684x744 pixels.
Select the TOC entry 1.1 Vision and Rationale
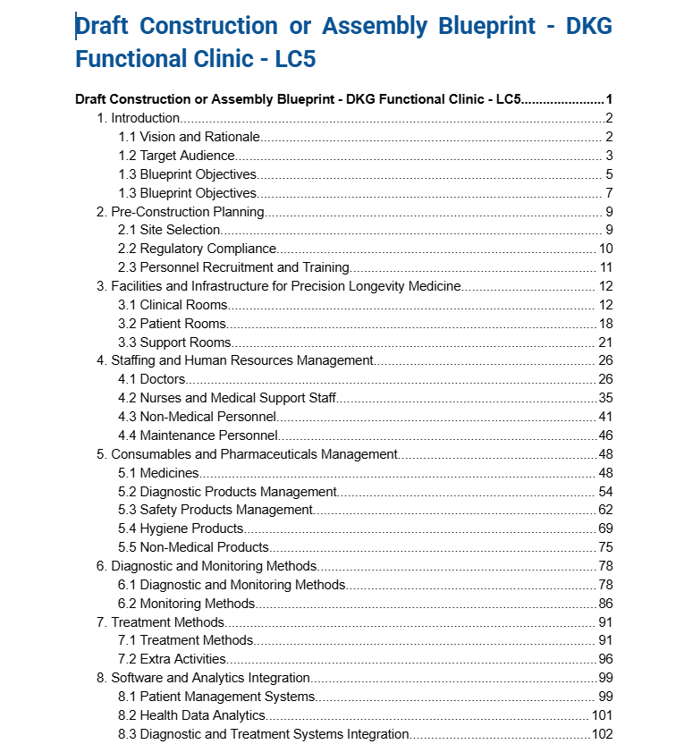point(189,137)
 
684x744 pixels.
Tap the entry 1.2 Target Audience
point(176,156)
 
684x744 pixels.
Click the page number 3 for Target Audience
point(608,156)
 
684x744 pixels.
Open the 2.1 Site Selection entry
point(169,230)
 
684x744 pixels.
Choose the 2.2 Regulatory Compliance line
point(197,249)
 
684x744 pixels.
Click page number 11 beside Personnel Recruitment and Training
point(605,267)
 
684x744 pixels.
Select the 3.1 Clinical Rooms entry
point(173,305)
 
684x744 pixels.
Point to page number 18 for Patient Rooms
point(605,324)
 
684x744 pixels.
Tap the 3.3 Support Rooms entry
point(174,342)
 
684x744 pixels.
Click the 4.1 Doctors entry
point(152,380)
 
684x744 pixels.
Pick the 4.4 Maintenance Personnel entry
point(198,435)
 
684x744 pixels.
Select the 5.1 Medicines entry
point(158,473)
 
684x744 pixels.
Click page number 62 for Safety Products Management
point(605,510)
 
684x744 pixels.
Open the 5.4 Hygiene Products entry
point(181,528)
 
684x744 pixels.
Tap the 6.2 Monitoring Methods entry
point(186,604)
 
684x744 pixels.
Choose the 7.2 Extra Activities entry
point(172,659)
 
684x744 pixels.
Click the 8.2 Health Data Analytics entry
point(191,715)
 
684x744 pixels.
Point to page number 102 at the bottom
point(602,734)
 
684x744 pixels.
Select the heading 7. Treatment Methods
point(160,622)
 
